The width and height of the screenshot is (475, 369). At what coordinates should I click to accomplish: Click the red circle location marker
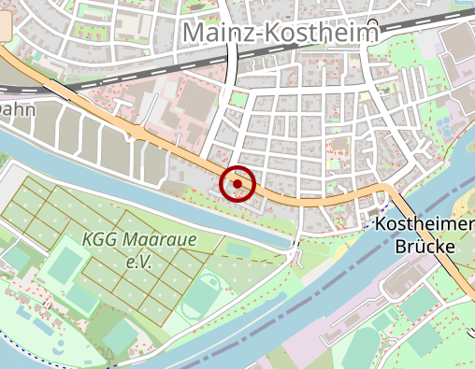238,184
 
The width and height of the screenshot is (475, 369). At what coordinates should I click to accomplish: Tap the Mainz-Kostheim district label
280,33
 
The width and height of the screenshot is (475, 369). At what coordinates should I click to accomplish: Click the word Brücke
424,248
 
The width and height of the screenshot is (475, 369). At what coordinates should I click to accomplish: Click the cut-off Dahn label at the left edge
17,109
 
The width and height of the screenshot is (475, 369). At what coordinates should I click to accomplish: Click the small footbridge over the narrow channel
296,249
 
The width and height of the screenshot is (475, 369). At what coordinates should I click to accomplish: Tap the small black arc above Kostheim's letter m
373,21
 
